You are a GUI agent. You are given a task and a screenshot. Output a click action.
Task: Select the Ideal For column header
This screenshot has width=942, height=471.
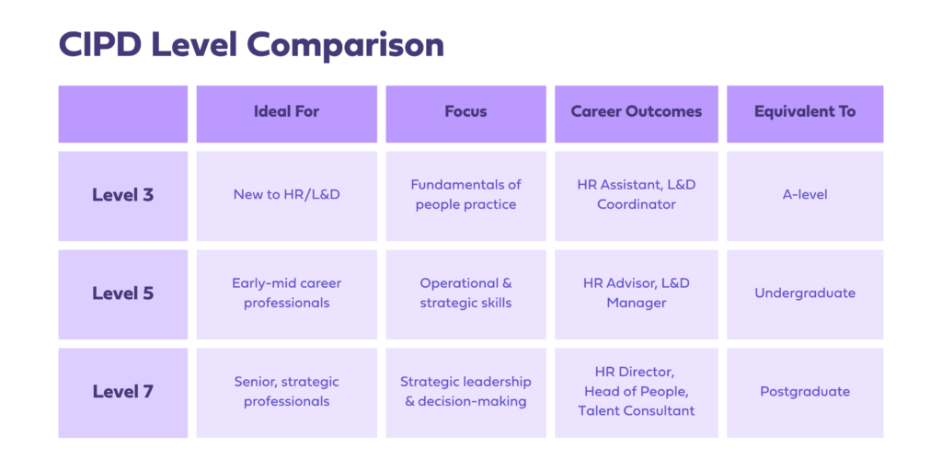287,114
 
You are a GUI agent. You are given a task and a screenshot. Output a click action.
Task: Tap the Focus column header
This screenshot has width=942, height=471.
465,114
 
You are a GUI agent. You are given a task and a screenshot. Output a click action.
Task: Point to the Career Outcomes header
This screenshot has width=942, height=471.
637,114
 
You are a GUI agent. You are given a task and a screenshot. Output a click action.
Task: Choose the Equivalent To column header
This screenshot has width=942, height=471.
805,114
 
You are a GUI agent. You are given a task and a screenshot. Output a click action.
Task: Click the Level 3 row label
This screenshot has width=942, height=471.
122,196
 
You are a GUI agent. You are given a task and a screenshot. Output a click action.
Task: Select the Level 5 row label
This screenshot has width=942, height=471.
122,294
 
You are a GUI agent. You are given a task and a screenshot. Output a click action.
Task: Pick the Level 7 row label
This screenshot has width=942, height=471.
122,393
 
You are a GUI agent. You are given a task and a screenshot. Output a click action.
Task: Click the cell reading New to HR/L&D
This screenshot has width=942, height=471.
287,196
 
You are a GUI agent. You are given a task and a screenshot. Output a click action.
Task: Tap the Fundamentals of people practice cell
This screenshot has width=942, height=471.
465,196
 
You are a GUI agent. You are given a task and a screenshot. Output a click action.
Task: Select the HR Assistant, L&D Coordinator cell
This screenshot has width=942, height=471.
637,196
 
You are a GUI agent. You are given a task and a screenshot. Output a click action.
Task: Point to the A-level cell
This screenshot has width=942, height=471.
805,196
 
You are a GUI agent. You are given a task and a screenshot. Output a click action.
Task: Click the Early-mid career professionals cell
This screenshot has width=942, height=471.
287,294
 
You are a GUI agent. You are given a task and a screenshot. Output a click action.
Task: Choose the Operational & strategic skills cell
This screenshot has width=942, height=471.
465,294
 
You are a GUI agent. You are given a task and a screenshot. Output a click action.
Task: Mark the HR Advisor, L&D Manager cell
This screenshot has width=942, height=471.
637,294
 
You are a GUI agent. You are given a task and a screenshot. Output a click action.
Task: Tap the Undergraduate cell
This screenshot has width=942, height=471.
805,294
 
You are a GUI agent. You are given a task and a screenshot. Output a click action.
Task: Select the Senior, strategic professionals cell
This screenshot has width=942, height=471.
287,393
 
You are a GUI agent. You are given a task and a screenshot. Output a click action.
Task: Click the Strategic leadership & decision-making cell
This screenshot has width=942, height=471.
465,393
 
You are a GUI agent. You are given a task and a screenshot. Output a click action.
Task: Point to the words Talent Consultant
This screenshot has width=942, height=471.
637,411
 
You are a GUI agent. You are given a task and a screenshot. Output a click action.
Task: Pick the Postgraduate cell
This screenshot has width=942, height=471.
805,393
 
